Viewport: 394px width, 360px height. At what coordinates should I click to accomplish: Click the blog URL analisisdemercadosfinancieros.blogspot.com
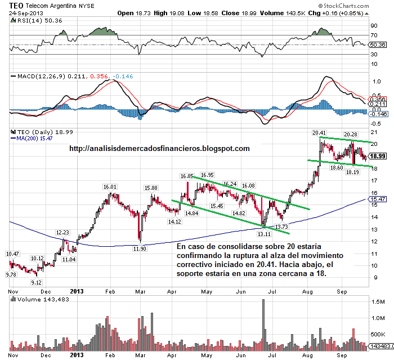159,149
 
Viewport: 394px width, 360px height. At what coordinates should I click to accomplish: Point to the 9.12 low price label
37,282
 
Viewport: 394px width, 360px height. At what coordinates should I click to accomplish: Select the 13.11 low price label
265,233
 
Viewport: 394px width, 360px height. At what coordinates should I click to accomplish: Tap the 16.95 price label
207,175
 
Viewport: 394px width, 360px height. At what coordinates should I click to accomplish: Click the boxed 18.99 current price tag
378,156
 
